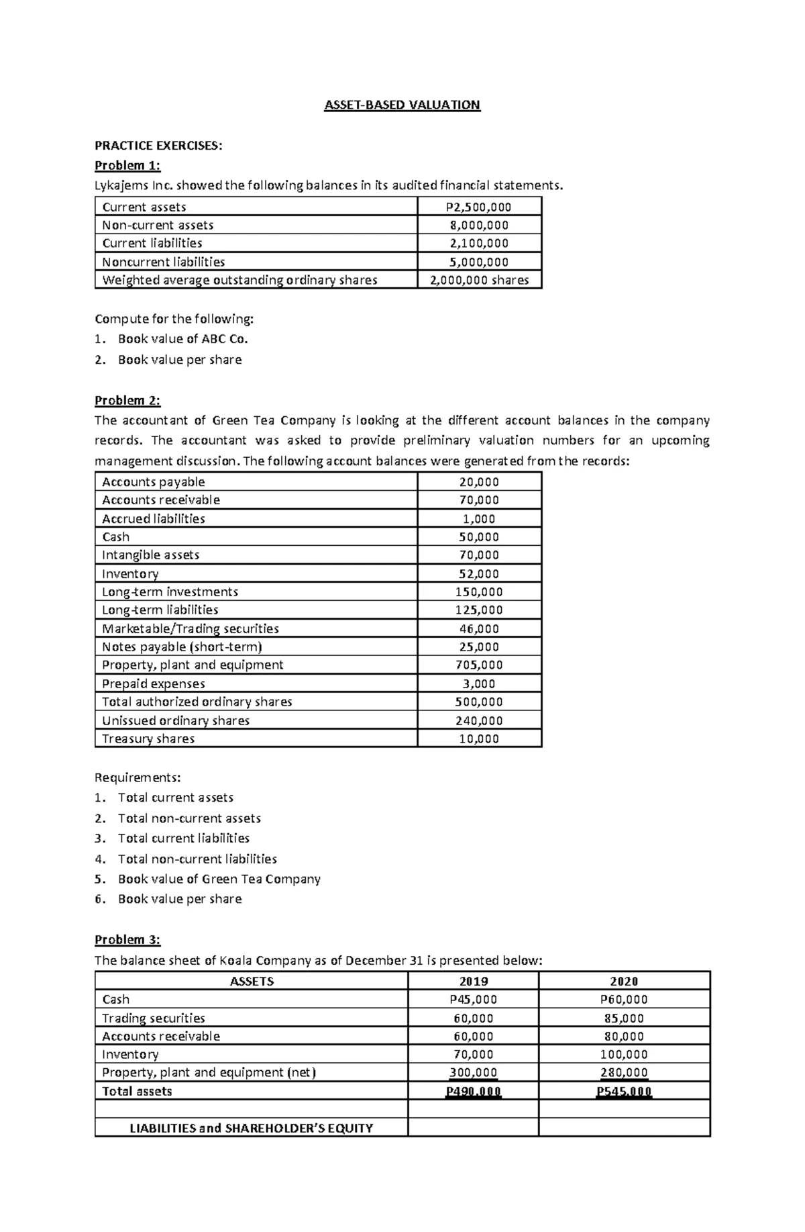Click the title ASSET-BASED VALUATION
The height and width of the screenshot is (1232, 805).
(402, 105)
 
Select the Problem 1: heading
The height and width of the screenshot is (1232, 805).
(127, 165)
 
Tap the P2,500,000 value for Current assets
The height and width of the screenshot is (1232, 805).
(479, 207)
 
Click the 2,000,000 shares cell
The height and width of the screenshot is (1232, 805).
(479, 280)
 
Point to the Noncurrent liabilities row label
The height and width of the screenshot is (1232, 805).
(163, 262)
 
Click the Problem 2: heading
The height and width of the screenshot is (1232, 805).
(127, 400)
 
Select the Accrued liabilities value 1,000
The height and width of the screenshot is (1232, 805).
(479, 518)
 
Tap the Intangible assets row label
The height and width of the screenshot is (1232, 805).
(150, 555)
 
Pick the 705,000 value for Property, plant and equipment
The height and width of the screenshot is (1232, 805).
(479, 665)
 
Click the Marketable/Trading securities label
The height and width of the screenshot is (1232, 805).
(190, 628)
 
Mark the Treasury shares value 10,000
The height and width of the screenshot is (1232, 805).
(479, 739)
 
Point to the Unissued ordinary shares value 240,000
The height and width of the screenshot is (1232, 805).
(479, 720)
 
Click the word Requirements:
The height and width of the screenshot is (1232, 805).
(138, 777)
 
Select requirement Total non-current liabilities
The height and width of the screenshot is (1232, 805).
(197, 859)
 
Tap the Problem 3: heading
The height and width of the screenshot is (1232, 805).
(127, 939)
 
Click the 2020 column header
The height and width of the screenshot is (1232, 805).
(624, 981)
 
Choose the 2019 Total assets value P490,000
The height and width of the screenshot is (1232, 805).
(473, 1092)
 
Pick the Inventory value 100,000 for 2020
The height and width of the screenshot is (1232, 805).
(624, 1055)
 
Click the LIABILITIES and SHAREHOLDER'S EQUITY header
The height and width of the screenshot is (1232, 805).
(251, 1128)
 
